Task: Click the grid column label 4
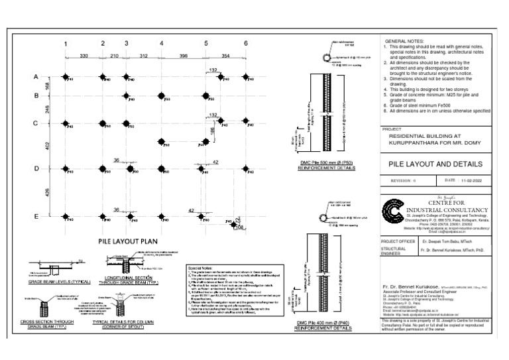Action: point(161,44)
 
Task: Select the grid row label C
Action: point(36,123)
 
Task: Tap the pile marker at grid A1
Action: point(66,77)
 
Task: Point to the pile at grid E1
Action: point(66,215)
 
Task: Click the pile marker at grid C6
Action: point(245,123)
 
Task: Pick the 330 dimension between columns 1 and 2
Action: point(84,56)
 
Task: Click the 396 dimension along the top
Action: point(183,56)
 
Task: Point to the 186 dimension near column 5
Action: point(213,131)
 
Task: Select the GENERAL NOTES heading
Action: point(403,42)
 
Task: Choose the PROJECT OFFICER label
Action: point(398,243)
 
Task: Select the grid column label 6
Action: point(245,44)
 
